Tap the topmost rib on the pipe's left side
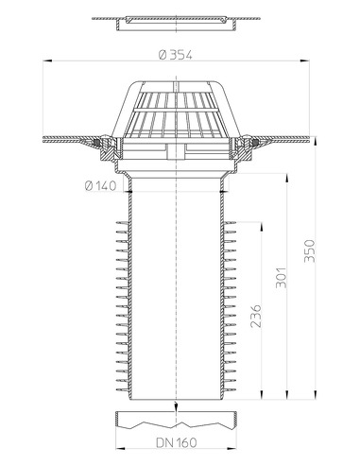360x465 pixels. tap(121, 225)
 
